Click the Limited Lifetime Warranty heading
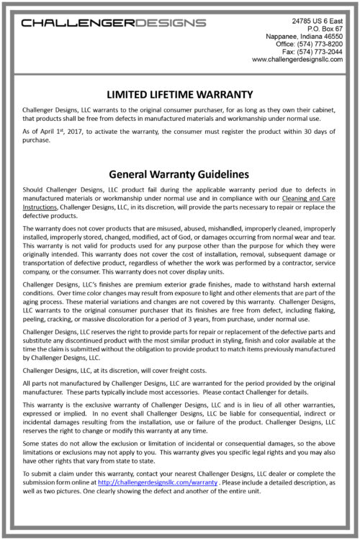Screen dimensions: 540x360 (x=179, y=94)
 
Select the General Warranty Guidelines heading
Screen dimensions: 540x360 (x=179, y=174)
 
